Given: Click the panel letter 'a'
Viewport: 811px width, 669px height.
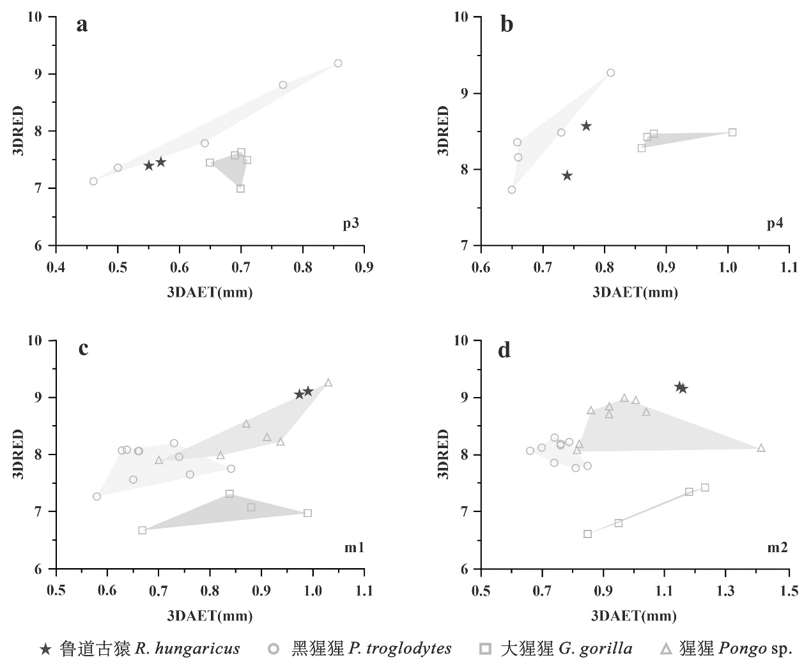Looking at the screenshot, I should coord(82,26).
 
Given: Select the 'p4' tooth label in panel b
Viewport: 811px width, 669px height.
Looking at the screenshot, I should coord(775,223).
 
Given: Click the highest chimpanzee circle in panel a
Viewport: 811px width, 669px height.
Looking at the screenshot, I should coord(338,63).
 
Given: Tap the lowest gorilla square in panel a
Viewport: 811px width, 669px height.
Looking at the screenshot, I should coord(240,188).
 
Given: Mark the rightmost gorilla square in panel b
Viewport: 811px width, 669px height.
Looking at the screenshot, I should coord(732,132).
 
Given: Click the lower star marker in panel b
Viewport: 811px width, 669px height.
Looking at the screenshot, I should coord(567,176).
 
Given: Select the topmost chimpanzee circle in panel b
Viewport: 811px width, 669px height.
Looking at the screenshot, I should coord(610,73).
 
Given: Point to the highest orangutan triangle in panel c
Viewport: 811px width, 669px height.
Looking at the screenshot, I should coord(328,383).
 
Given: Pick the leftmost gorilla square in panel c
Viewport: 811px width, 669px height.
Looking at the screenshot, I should coord(142,530).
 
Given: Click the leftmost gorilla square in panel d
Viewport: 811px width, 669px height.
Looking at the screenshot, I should coord(588,534).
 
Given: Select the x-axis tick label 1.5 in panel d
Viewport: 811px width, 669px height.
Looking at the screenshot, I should coord(789,591).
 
